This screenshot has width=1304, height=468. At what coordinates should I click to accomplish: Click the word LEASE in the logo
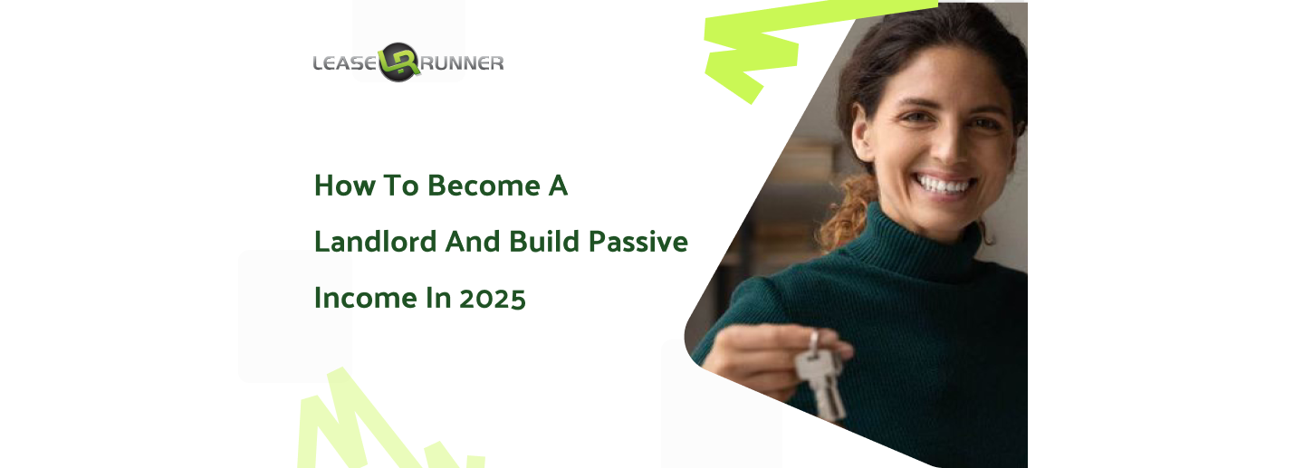click(345, 62)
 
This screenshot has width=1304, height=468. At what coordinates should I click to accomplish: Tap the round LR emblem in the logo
click(398, 62)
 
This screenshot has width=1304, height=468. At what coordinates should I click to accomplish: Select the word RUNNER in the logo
click(462, 62)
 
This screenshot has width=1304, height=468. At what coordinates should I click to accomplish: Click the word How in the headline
click(345, 186)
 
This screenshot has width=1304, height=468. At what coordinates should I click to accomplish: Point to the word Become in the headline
click(484, 186)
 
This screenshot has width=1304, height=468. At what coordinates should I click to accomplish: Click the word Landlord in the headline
click(376, 242)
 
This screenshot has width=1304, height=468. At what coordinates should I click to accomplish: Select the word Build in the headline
click(544, 242)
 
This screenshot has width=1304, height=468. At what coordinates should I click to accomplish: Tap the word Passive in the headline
click(638, 242)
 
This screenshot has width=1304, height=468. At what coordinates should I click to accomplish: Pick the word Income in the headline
click(366, 298)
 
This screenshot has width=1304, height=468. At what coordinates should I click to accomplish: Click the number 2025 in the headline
click(493, 299)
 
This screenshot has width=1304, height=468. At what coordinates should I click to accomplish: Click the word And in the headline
click(473, 242)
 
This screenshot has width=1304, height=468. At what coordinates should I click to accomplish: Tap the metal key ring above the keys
click(814, 341)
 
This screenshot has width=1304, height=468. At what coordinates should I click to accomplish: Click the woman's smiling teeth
click(944, 186)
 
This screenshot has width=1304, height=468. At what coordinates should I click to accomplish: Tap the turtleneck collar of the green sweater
click(914, 244)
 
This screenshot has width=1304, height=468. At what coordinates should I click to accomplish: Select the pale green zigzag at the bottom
click(372, 425)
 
